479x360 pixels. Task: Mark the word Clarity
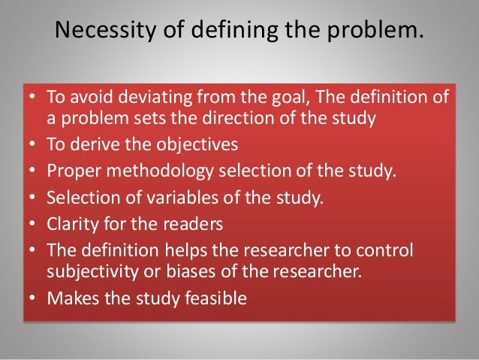(71, 224)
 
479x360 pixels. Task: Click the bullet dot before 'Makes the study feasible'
(35, 299)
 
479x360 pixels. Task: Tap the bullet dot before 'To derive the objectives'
(35, 144)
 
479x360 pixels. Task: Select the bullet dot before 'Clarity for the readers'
(35, 225)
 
